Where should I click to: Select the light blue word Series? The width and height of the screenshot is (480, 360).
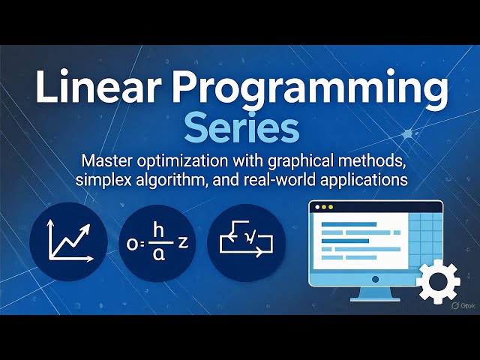[x=241, y=128]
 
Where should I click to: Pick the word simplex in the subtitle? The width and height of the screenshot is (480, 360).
[x=105, y=181]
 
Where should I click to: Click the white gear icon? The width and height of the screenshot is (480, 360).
[x=438, y=283]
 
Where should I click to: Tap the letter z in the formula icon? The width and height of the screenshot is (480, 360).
[x=181, y=242]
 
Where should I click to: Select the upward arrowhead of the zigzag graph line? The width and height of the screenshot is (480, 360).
[x=87, y=223]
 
